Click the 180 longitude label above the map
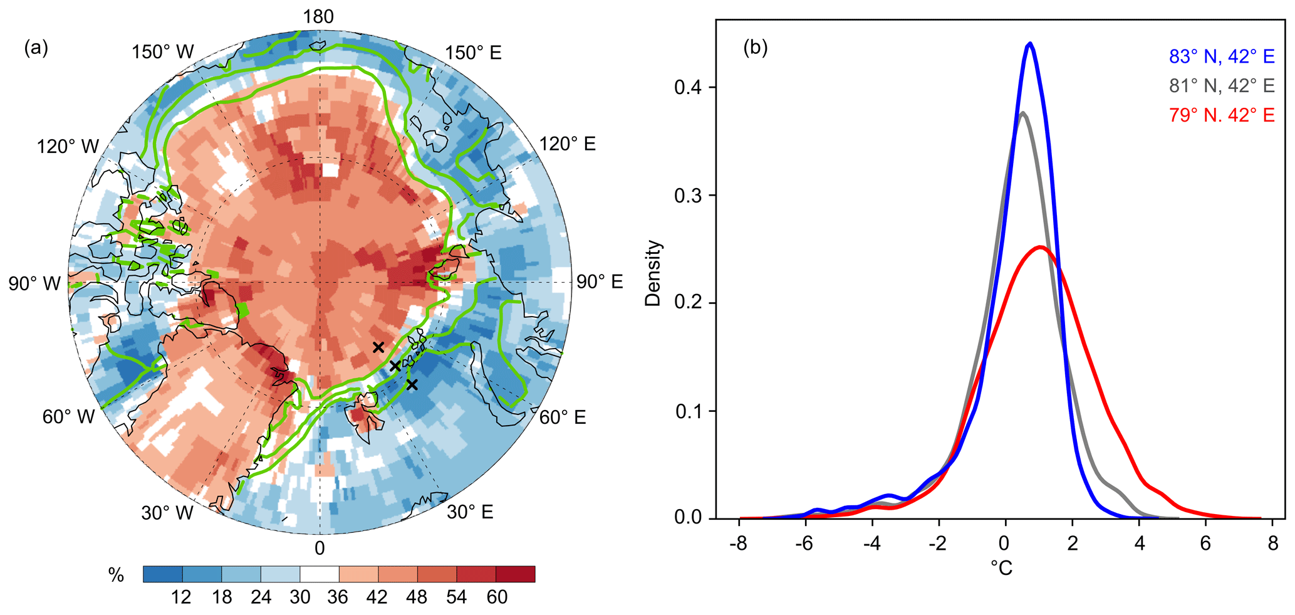[319, 17]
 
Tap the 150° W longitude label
[163, 52]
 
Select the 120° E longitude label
[568, 144]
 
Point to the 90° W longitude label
[34, 283]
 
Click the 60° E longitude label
[563, 417]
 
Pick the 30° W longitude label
[167, 513]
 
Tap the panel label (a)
[36, 48]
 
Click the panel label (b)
[756, 48]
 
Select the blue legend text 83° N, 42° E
[1221, 57]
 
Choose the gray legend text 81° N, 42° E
[1221, 86]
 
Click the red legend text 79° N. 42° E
[1221, 115]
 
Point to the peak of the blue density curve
[1029, 43]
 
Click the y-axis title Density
[653, 273]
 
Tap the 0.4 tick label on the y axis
[687, 87]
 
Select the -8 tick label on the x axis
[739, 543]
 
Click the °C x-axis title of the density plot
[1001, 568]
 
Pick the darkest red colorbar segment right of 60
[515, 574]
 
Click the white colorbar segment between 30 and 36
[319, 574]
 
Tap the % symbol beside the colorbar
[116, 575]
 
